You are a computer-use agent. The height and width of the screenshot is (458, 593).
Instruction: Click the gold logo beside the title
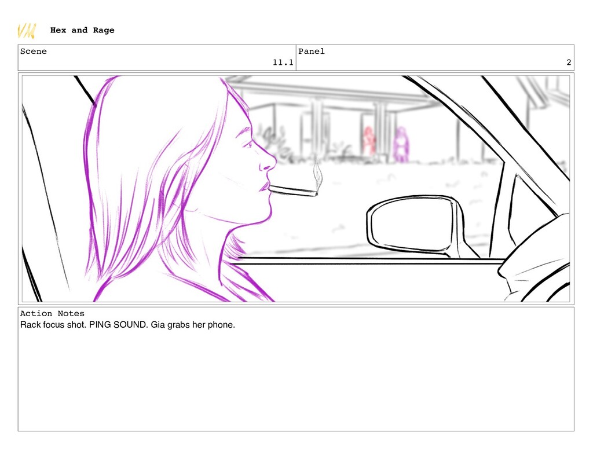pyautogui.click(x=27, y=31)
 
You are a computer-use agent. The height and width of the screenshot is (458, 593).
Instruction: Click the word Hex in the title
pyautogui.click(x=58, y=30)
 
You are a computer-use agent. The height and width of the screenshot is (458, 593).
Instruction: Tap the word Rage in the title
pyautogui.click(x=104, y=31)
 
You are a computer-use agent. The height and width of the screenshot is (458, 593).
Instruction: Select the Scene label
pyautogui.click(x=33, y=52)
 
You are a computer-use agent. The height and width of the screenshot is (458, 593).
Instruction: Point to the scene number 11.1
pyautogui.click(x=283, y=63)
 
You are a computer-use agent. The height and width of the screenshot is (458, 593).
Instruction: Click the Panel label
pyautogui.click(x=311, y=52)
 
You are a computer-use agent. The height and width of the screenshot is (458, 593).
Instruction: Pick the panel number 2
pyautogui.click(x=569, y=63)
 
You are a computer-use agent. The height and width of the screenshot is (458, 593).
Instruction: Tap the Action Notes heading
pyautogui.click(x=52, y=313)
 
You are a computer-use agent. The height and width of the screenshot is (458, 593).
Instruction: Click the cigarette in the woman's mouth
pyautogui.click(x=292, y=190)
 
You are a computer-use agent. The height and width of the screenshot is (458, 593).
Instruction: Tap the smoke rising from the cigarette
pyautogui.click(x=318, y=175)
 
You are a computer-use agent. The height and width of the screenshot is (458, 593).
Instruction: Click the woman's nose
pyautogui.click(x=269, y=161)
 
